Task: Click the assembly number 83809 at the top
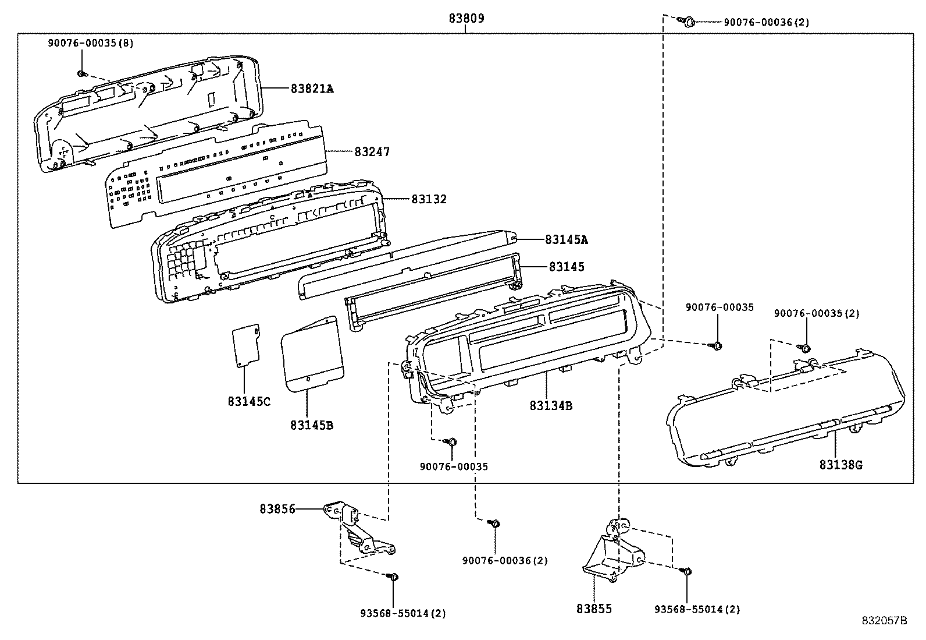[x=466, y=19]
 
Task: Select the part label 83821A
[x=312, y=89]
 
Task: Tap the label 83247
[x=372, y=152]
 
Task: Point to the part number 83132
[x=429, y=199]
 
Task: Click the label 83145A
[x=567, y=239]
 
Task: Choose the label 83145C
[x=249, y=402]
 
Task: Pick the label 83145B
[x=312, y=425]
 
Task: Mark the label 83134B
[x=551, y=406]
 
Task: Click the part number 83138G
[x=840, y=465]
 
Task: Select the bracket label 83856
[x=277, y=509]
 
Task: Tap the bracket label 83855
[x=594, y=609]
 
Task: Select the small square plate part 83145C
[x=246, y=346]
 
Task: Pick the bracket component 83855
[x=614, y=550]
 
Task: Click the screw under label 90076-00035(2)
[x=806, y=348]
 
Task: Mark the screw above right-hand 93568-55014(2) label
[x=686, y=571]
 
